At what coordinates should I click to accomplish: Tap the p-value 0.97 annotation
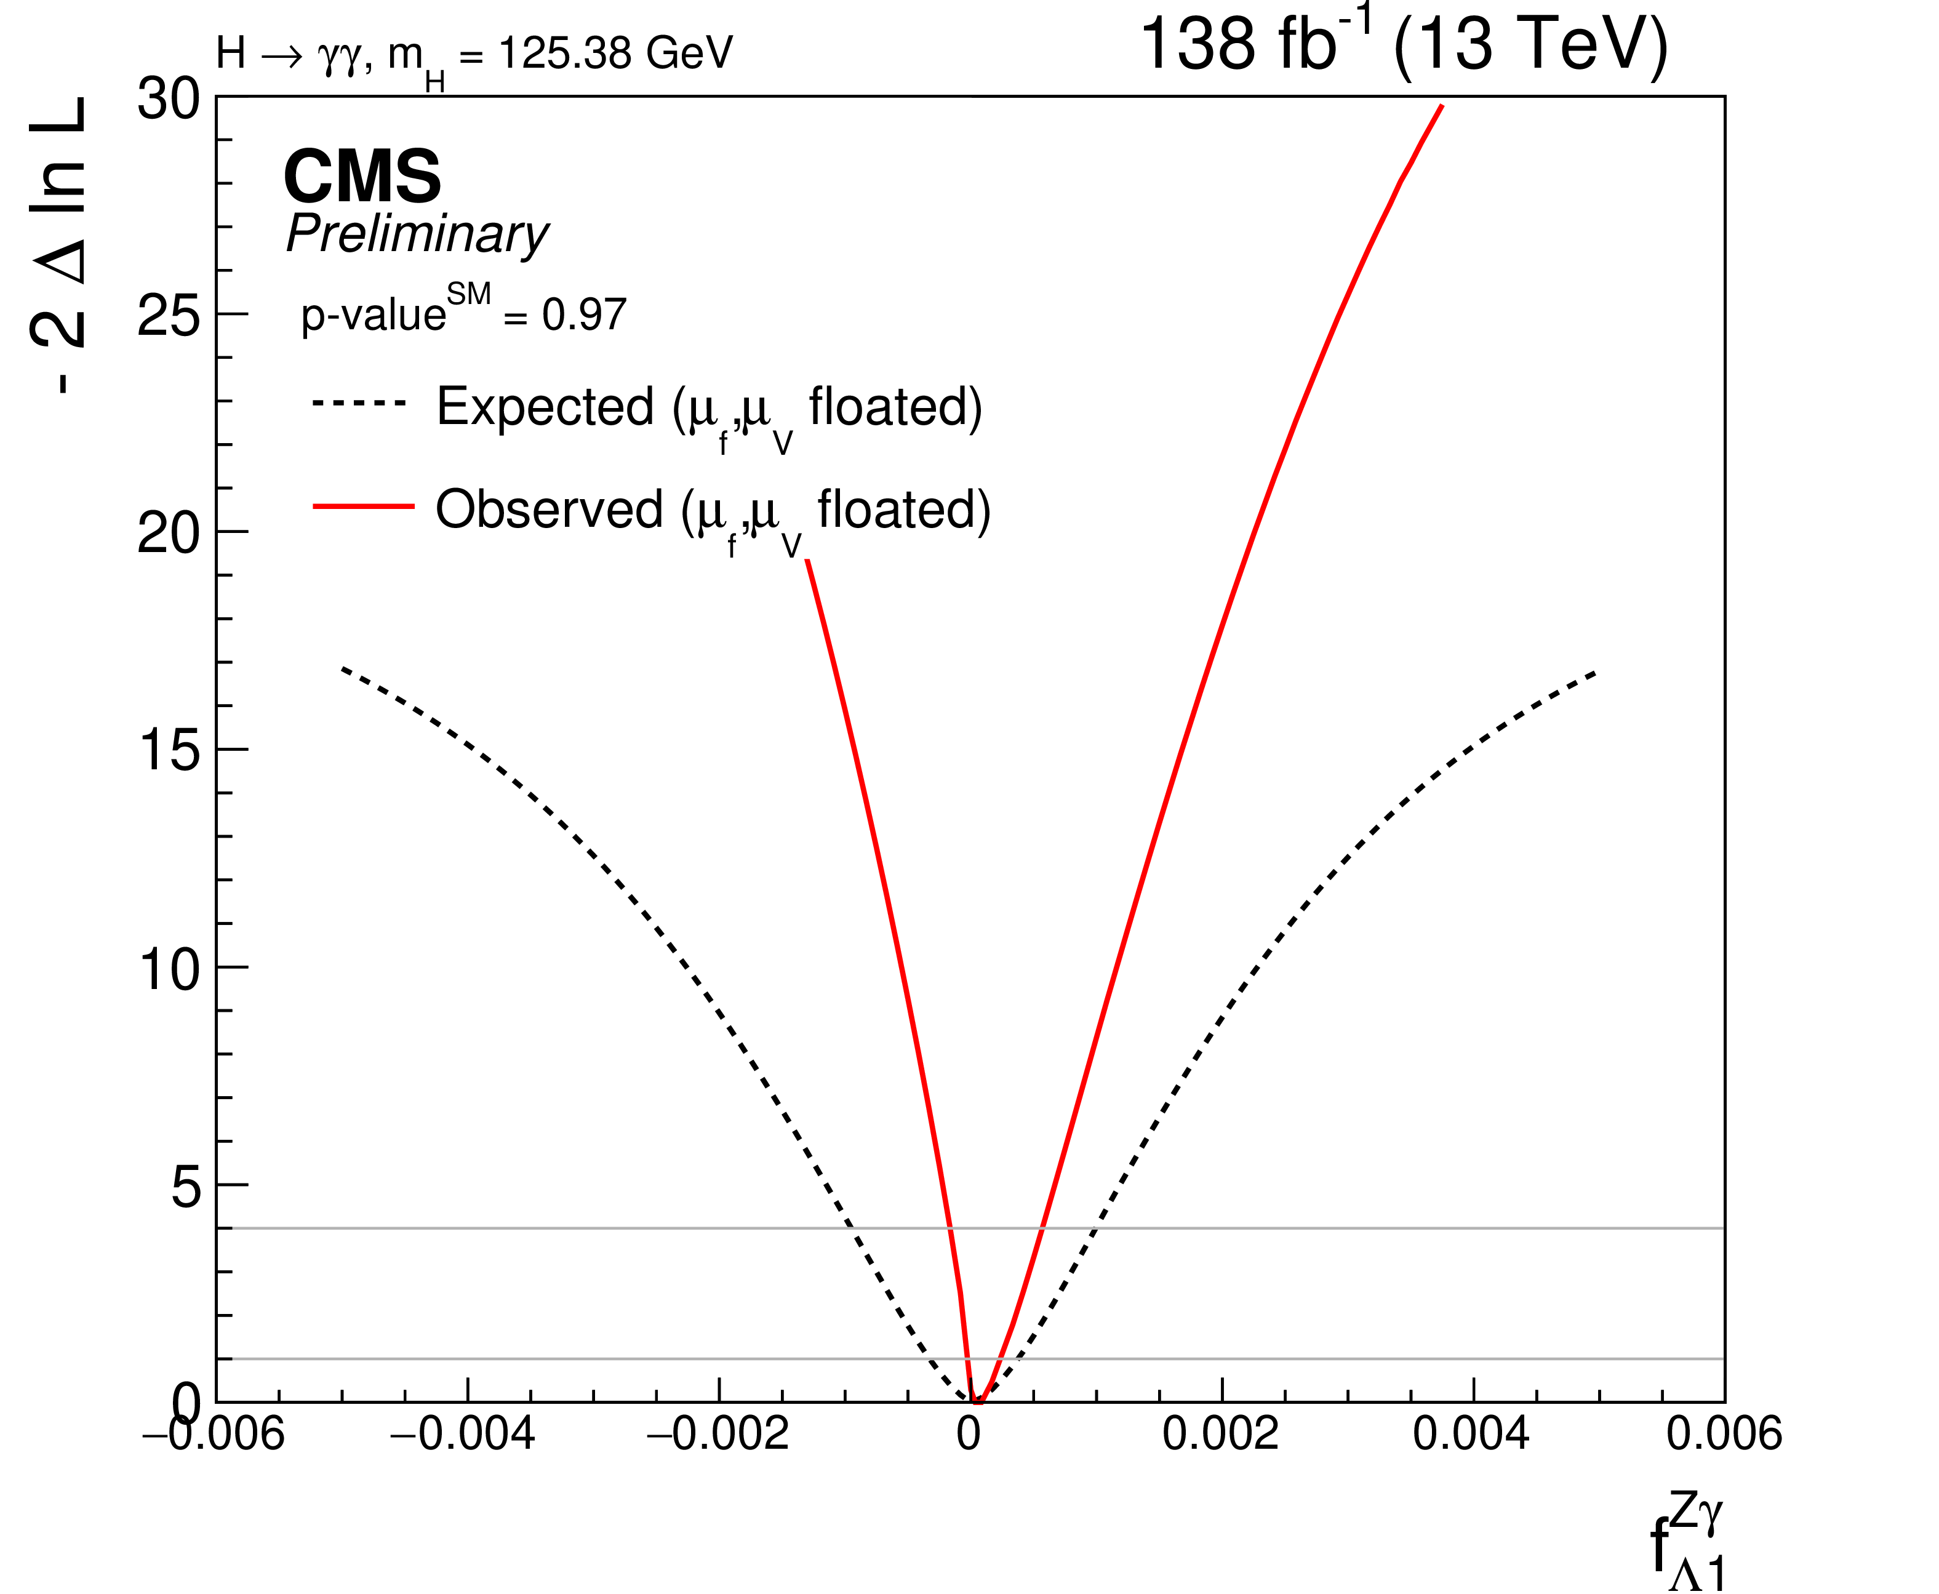(463, 314)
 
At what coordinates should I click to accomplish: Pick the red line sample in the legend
(364, 506)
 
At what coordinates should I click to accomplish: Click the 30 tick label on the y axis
(168, 98)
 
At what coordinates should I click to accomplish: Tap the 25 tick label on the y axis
(168, 316)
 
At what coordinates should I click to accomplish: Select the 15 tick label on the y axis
(168, 750)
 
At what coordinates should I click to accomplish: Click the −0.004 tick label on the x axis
(463, 1434)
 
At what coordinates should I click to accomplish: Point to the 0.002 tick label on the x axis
(1220, 1434)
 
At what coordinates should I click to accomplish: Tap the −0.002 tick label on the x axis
(716, 1434)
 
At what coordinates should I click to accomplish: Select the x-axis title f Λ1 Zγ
(1687, 1542)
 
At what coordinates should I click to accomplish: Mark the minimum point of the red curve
(978, 1402)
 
